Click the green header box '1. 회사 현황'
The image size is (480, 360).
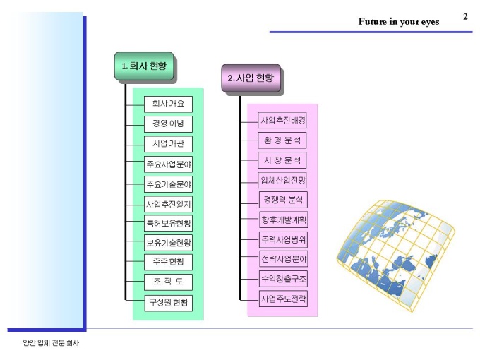[144, 66]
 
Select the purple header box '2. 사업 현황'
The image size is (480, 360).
[251, 78]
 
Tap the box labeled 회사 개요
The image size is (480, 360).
[169, 104]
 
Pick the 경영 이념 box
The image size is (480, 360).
[169, 124]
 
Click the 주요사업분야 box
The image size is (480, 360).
[169, 164]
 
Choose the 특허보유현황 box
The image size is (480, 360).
[169, 224]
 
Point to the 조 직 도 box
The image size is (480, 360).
[169, 282]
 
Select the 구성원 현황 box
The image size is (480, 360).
[169, 303]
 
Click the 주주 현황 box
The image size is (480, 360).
[169, 262]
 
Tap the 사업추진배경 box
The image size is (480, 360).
[282, 120]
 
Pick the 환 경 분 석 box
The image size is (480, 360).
[282, 140]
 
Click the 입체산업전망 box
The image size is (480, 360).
[282, 180]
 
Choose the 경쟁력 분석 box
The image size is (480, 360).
[283, 200]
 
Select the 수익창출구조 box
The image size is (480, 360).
[283, 279]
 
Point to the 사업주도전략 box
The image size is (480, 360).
[283, 299]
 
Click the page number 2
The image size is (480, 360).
[465, 16]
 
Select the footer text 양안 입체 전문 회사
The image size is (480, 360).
[51, 343]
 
